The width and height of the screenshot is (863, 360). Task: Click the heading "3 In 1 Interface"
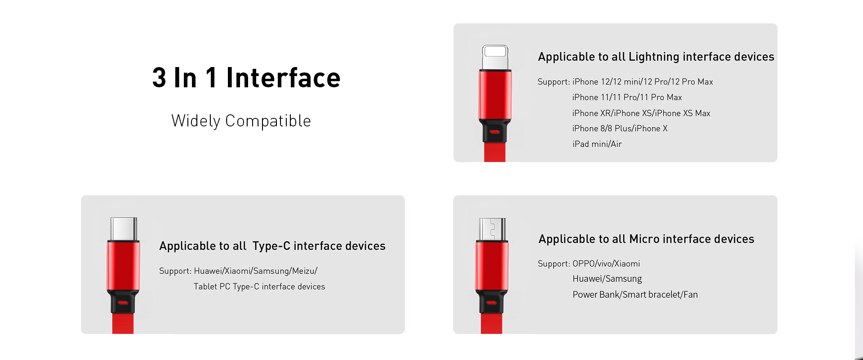pyautogui.click(x=246, y=77)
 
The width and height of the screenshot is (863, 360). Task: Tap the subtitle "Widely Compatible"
pyautogui.click(x=241, y=121)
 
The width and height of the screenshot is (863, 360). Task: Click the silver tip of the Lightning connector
pyautogui.click(x=495, y=57)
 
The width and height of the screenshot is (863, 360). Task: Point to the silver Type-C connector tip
pyautogui.click(x=123, y=229)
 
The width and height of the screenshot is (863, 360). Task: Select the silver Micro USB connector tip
pyautogui.click(x=492, y=229)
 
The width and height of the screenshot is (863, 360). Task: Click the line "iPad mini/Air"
pyautogui.click(x=597, y=144)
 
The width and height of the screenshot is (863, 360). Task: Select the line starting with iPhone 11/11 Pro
pyautogui.click(x=627, y=97)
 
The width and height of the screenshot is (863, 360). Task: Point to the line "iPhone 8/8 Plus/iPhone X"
pyautogui.click(x=620, y=128)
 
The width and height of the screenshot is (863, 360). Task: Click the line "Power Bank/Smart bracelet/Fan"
pyautogui.click(x=635, y=294)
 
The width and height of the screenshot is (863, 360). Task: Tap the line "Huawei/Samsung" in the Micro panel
pyautogui.click(x=607, y=279)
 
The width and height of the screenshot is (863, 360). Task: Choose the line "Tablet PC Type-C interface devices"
pyautogui.click(x=259, y=287)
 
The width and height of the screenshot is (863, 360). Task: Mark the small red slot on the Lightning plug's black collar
pyautogui.click(x=495, y=132)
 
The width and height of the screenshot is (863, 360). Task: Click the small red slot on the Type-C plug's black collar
pyautogui.click(x=123, y=303)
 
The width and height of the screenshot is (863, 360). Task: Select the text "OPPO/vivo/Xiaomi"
pyautogui.click(x=606, y=264)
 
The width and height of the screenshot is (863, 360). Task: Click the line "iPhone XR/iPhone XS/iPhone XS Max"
pyautogui.click(x=641, y=113)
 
